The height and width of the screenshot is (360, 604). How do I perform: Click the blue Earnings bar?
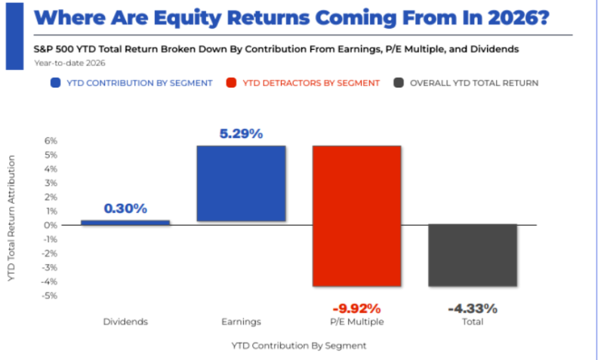coord(241,183)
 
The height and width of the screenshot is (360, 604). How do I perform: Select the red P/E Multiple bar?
coord(356,216)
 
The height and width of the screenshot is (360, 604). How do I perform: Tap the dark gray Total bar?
coord(473,255)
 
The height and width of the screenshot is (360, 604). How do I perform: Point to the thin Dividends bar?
coord(125,223)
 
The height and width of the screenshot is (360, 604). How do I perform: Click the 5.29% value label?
coord(241,134)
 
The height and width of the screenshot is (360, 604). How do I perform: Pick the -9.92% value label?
coord(357,308)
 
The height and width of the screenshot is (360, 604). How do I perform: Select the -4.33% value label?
coord(473,308)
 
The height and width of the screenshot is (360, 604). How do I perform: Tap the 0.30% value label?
coord(125,208)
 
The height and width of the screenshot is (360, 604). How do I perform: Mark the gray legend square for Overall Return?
coord(396,82)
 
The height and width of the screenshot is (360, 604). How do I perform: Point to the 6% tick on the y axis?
coord(51,141)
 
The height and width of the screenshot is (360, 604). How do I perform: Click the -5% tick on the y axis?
coord(50,296)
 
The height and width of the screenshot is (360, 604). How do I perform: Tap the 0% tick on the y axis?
coord(51,225)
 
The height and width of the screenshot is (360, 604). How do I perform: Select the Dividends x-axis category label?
coord(125,322)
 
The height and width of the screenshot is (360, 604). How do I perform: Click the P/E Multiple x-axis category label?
coord(357,322)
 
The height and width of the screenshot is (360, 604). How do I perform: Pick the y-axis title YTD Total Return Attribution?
coord(13,218)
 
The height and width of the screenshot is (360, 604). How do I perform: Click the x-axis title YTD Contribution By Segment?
coord(298,345)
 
